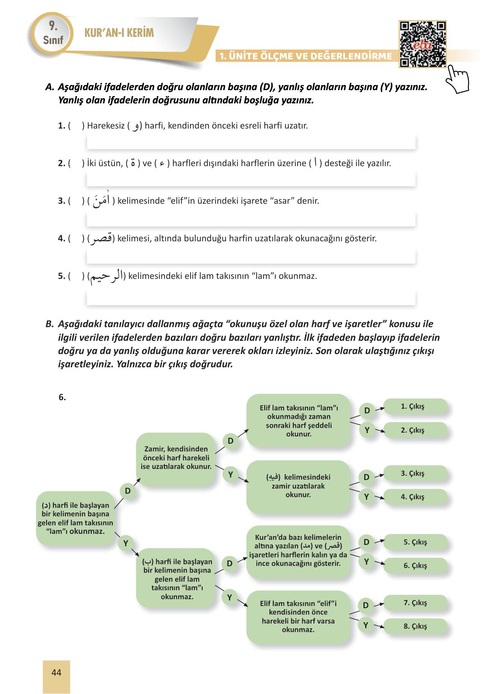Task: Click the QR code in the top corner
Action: click(422, 44)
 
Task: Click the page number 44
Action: click(56, 673)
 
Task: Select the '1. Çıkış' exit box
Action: click(415, 407)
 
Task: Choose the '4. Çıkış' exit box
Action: click(415, 497)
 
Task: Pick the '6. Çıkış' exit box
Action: click(415, 565)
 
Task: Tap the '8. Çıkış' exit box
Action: click(415, 626)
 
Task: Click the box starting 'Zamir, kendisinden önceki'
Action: click(176, 458)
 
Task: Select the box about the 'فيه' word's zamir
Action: click(298, 486)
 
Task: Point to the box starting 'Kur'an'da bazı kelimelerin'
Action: click(298, 551)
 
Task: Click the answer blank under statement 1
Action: click(251, 141)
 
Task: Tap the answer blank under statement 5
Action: click(251, 298)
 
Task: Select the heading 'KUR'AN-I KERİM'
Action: click(119, 33)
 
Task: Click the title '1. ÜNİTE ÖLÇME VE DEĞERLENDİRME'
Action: click(305, 56)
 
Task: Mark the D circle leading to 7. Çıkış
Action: click(366, 605)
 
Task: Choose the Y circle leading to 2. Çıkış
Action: click(367, 430)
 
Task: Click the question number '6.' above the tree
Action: click(62, 397)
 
